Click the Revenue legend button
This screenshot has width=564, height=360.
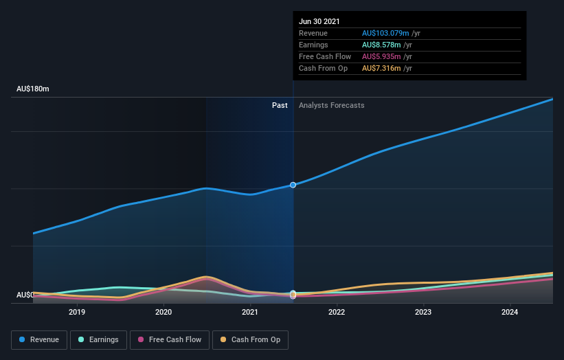(39, 339)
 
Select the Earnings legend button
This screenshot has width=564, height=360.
(99, 339)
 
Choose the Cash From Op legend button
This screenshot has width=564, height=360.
(250, 339)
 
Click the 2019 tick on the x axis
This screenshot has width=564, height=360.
(77, 312)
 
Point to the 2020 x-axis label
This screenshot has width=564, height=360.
(163, 312)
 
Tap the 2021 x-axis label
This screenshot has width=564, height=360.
(250, 312)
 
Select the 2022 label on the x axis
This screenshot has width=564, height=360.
(337, 312)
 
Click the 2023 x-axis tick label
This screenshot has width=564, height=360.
(423, 312)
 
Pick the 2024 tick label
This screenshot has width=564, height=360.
(510, 312)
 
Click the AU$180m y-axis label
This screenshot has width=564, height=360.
(33, 89)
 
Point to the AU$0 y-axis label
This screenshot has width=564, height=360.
(25, 295)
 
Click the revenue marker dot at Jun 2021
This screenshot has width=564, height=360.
(293, 185)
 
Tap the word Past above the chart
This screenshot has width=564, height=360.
(280, 105)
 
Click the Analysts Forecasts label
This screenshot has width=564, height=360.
(331, 105)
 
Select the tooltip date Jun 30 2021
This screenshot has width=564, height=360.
(319, 22)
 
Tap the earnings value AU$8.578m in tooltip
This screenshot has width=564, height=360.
(383, 45)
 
